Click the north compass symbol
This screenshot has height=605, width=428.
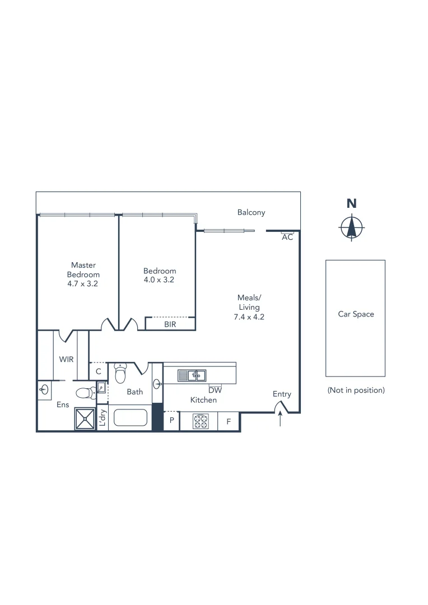351,227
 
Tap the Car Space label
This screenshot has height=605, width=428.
356,314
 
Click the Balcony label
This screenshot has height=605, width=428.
251,212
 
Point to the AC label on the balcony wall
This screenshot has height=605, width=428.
287,238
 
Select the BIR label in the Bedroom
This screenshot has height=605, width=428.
170,324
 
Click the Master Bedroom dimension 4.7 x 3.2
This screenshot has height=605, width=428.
83,284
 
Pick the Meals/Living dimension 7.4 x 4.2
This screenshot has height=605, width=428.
249,317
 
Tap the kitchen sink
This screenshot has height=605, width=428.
192,375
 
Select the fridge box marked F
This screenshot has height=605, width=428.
229,422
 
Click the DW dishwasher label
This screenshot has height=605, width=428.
215,390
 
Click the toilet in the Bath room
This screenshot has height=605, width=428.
120,373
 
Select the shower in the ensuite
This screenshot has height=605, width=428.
86,418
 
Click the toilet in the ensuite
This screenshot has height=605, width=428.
85,392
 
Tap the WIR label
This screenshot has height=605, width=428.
66,359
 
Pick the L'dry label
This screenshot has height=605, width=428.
103,418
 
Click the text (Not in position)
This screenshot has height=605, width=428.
356,390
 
